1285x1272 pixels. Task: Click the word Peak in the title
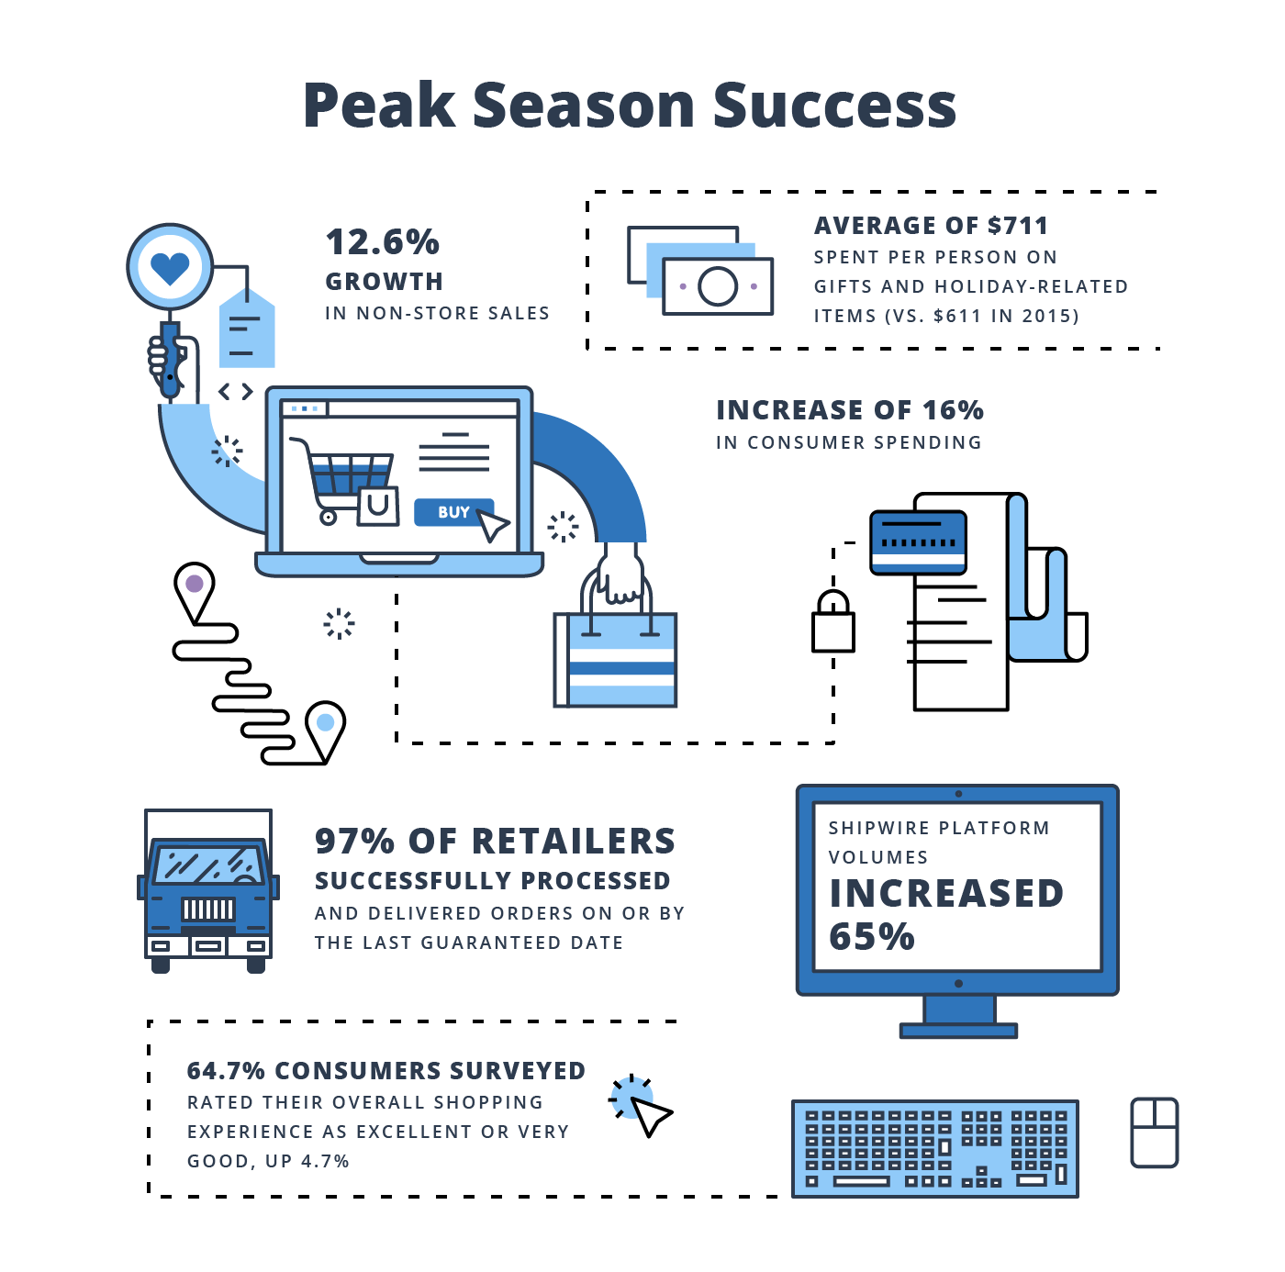click(x=379, y=105)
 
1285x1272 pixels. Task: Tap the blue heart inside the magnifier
click(x=170, y=268)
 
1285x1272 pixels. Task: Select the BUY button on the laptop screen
click(x=454, y=512)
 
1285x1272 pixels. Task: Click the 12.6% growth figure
click(x=382, y=241)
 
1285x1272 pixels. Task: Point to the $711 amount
click(x=1018, y=226)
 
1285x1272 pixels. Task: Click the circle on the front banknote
click(x=718, y=286)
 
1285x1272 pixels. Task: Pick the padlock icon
click(x=832, y=621)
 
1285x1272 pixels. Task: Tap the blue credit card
click(x=918, y=542)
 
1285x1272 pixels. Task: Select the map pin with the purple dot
click(x=194, y=592)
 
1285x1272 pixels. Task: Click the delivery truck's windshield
click(x=208, y=865)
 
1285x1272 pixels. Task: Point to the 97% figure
click(x=355, y=841)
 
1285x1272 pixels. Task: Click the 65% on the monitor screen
click(x=872, y=936)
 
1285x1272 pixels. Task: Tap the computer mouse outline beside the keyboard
click(x=1155, y=1133)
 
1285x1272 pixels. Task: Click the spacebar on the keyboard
click(x=862, y=1180)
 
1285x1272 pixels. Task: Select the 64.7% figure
click(x=226, y=1071)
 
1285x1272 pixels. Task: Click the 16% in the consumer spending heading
click(x=953, y=410)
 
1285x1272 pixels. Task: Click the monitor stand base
click(x=958, y=1031)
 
